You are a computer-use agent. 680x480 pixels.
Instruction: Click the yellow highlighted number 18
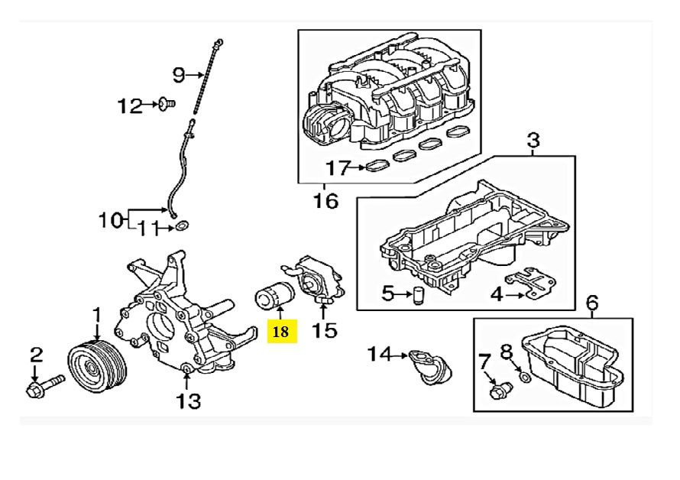tap(281, 331)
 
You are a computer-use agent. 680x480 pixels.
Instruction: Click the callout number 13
tap(189, 399)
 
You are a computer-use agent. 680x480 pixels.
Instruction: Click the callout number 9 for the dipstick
tap(178, 74)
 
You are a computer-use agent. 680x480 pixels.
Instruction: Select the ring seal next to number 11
tap(181, 227)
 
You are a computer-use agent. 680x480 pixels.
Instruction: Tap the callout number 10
tap(111, 220)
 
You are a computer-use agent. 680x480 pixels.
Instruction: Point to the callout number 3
tap(533, 140)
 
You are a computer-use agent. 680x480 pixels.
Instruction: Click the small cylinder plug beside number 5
tap(418, 295)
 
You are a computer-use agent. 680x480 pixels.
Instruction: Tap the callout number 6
tap(591, 306)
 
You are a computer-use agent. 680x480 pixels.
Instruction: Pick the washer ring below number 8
tap(524, 377)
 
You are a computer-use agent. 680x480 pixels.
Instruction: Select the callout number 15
tap(325, 330)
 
